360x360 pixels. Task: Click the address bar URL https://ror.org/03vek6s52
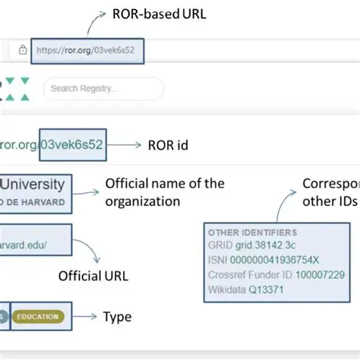tap(87, 50)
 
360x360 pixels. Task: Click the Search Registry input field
tap(103, 88)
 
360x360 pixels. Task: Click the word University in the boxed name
tap(35, 185)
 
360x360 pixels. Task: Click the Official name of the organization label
tap(164, 192)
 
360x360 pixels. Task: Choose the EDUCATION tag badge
tap(39, 317)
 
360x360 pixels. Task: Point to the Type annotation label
tap(117, 317)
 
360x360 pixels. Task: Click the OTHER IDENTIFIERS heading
tap(252, 232)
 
